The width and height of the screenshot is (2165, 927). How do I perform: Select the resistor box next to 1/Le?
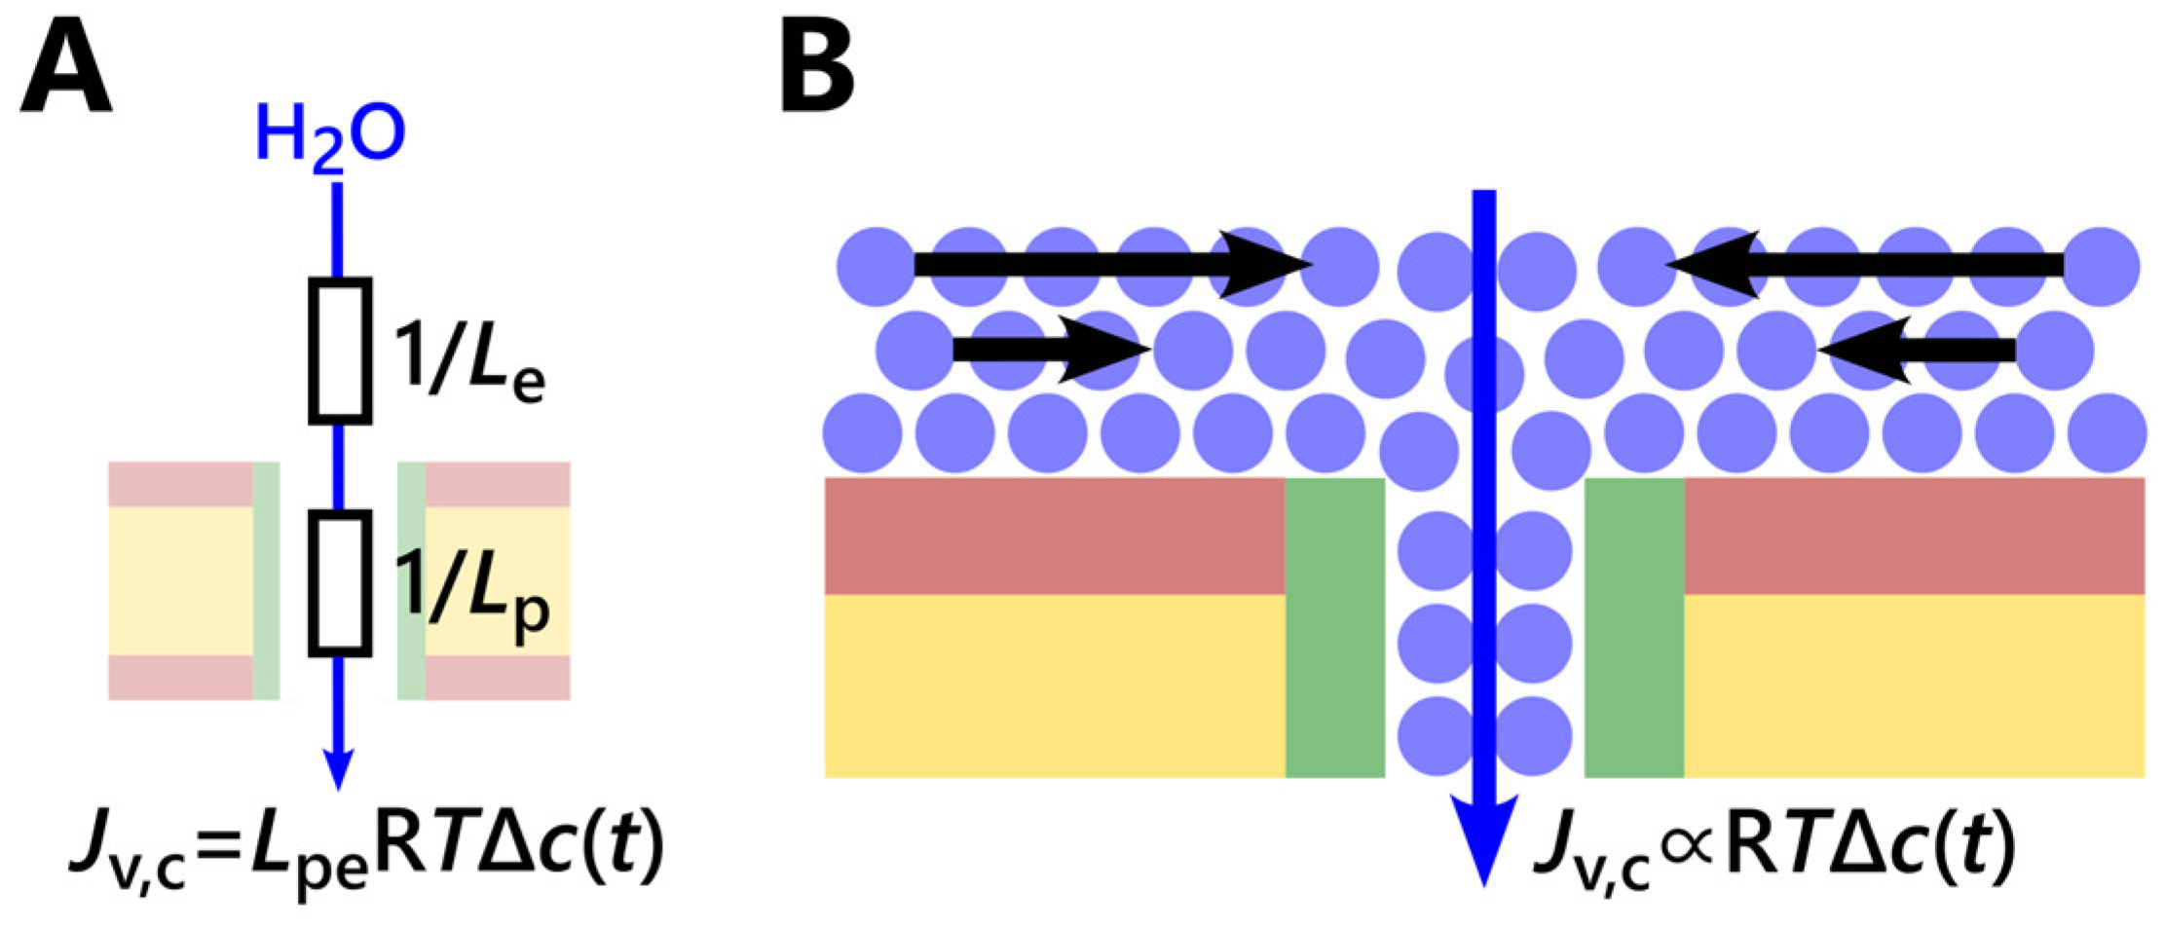pos(340,352)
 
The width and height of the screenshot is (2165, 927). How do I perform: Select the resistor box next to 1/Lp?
pos(340,582)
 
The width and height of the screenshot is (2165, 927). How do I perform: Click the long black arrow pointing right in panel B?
pos(1105,264)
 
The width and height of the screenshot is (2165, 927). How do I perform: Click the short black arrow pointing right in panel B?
pos(1047,349)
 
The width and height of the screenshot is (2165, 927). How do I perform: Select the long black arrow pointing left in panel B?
pos(1865,264)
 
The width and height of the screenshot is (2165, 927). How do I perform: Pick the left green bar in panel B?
pos(1334,628)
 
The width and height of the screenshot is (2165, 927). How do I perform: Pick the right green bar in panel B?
pos(1633,628)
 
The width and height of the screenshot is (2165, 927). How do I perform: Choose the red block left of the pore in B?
pos(1054,536)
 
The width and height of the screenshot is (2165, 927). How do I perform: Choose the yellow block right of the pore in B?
pos(1914,686)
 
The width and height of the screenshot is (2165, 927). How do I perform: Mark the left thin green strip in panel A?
pos(266,580)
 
